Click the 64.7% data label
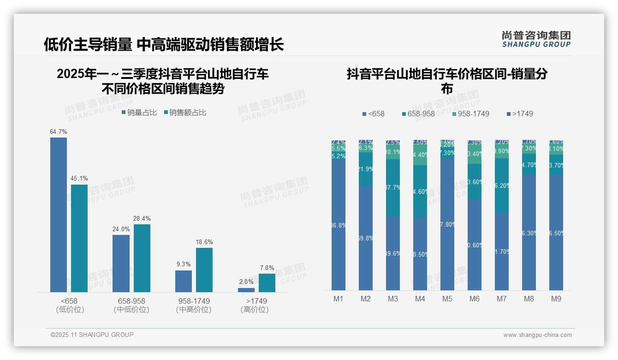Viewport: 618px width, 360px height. pos(59,132)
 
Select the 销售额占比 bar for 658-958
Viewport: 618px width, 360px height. pos(142,258)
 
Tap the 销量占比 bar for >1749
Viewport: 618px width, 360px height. pos(246,290)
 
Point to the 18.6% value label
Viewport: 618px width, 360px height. pos(204,242)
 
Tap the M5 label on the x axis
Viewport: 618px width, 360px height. pos(447,299)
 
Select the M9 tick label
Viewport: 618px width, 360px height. pos(556,299)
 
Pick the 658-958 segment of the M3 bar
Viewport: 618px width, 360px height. pos(393,187)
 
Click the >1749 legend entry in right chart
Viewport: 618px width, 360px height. pos(520,114)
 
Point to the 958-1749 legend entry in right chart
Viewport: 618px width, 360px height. pos(470,114)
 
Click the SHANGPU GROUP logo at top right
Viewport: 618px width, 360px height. pos(536,39)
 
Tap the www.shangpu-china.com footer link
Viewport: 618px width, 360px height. pos(537,335)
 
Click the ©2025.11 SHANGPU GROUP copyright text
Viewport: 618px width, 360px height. pos(92,335)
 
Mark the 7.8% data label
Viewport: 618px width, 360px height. pos(267,268)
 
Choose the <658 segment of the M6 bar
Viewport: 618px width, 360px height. pos(475,245)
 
